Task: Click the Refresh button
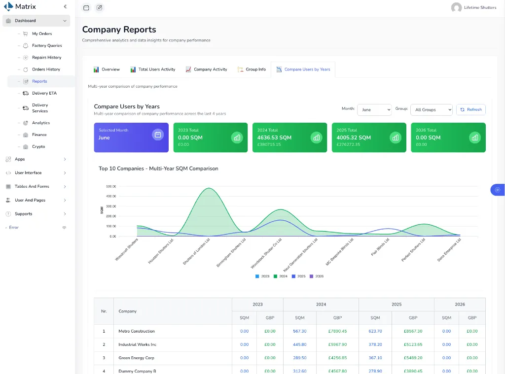click(471, 110)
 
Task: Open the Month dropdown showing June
click(374, 110)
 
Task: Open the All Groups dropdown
click(432, 110)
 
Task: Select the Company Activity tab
click(207, 69)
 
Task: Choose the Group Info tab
click(252, 69)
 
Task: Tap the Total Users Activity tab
click(153, 69)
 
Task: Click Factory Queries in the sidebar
click(47, 46)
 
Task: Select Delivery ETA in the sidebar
click(44, 93)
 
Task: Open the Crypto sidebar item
click(38, 147)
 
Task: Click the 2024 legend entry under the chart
click(281, 276)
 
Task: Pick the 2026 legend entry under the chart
click(317, 276)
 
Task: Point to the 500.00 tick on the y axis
click(111, 187)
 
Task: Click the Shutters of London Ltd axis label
click(196, 252)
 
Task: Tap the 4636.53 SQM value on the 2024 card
click(274, 138)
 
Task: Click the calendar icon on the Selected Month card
click(158, 135)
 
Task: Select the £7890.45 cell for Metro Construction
click(337, 331)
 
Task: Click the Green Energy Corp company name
click(136, 358)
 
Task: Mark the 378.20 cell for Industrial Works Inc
click(375, 345)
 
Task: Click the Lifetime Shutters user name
click(480, 7)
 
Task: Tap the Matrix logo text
click(26, 6)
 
